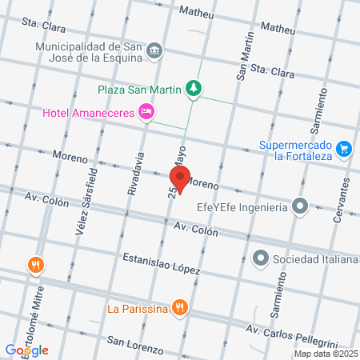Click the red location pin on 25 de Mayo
coord(180,178)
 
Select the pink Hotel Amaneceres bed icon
coord(146,113)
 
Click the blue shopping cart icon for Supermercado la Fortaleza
coord(344,148)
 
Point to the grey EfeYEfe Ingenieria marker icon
coord(300,207)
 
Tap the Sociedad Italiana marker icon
coord(260,258)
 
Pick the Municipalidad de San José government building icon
coord(155,52)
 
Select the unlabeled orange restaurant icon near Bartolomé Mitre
coord(35,264)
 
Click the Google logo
coord(26,350)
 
